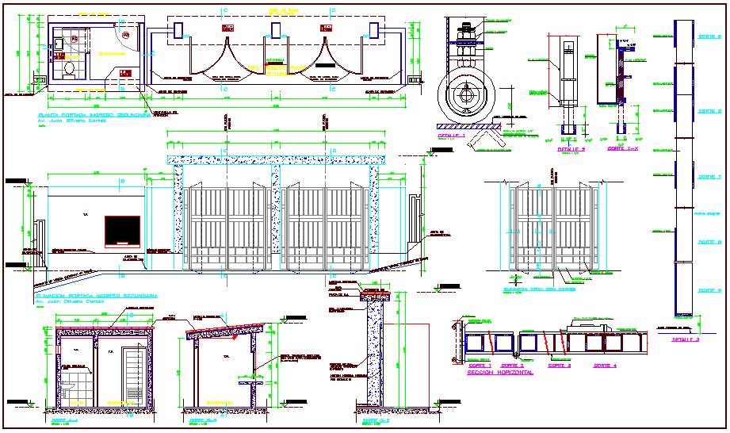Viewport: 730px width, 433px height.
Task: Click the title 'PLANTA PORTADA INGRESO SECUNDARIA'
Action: (x=94, y=115)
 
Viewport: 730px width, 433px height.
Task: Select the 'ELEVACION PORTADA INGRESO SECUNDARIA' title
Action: (x=95, y=295)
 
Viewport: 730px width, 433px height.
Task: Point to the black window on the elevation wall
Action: (x=123, y=230)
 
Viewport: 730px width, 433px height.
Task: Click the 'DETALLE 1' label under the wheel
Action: (x=453, y=136)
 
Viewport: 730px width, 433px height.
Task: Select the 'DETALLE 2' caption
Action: (x=571, y=148)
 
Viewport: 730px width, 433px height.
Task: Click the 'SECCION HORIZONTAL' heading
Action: (x=499, y=371)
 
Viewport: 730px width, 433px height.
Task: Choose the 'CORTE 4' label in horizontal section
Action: (x=605, y=366)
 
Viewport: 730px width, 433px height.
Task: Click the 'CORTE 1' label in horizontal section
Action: (x=480, y=366)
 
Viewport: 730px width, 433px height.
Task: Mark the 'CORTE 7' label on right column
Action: (x=709, y=177)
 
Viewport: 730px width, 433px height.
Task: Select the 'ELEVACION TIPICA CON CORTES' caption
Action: (x=541, y=289)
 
